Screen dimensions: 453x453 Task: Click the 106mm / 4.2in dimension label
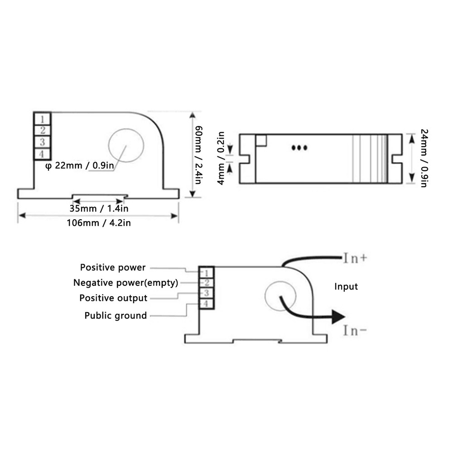click(98, 223)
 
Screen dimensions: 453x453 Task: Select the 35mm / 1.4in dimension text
click(99, 209)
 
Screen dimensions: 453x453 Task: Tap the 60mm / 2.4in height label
click(198, 154)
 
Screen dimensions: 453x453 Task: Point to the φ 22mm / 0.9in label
click(80, 165)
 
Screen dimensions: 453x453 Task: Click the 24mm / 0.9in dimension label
click(424, 159)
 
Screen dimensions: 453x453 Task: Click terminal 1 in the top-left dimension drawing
click(42, 119)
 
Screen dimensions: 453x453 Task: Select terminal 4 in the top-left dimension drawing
click(42, 154)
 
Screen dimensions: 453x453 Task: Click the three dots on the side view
click(299, 148)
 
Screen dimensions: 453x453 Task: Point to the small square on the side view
click(261, 140)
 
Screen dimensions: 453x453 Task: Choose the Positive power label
click(113, 268)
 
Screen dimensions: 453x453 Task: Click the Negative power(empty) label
click(125, 283)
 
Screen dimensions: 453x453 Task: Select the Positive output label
click(113, 298)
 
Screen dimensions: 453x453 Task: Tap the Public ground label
click(116, 315)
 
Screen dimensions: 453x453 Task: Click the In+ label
click(355, 259)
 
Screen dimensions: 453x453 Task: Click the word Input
click(346, 286)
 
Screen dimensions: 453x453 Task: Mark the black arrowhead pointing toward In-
click(339, 316)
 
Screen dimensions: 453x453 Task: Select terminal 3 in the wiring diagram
click(206, 293)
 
